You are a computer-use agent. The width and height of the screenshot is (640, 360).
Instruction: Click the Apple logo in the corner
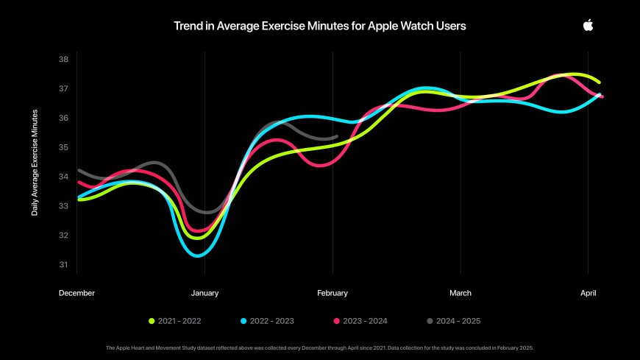coord(588,25)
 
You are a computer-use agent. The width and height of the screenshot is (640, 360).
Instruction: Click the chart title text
coord(319,26)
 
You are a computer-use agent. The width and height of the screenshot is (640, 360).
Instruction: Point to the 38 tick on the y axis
coord(63,59)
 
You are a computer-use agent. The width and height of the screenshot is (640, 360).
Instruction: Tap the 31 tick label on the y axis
coord(63,265)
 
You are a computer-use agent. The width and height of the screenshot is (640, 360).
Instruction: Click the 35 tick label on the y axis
coord(63,147)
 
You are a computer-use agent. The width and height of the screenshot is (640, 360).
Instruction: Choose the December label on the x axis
coord(77,293)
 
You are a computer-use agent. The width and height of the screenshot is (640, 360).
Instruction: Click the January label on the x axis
coord(205,293)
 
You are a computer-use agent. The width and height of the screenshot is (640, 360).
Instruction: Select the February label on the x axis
coord(333,293)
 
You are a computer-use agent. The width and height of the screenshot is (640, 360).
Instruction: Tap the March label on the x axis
coord(461,293)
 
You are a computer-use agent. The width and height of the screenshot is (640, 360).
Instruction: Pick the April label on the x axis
coord(588,293)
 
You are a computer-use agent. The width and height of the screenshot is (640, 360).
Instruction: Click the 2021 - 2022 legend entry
coord(174,321)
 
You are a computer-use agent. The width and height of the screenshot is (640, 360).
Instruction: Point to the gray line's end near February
coord(336,136)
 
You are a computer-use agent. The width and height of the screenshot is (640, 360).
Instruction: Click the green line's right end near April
coord(600,82)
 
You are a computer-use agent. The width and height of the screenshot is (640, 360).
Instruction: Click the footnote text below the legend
coord(319,347)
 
